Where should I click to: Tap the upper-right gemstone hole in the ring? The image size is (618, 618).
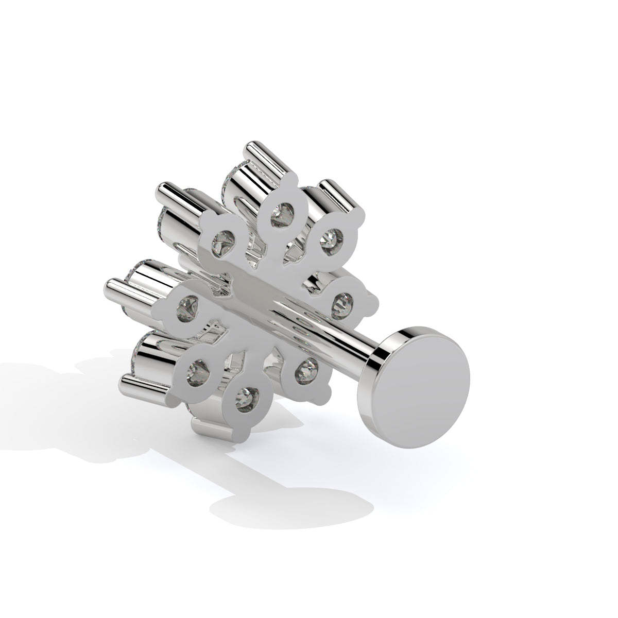coord(330,237)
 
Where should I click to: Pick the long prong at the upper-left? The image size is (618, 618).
coord(178,196)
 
